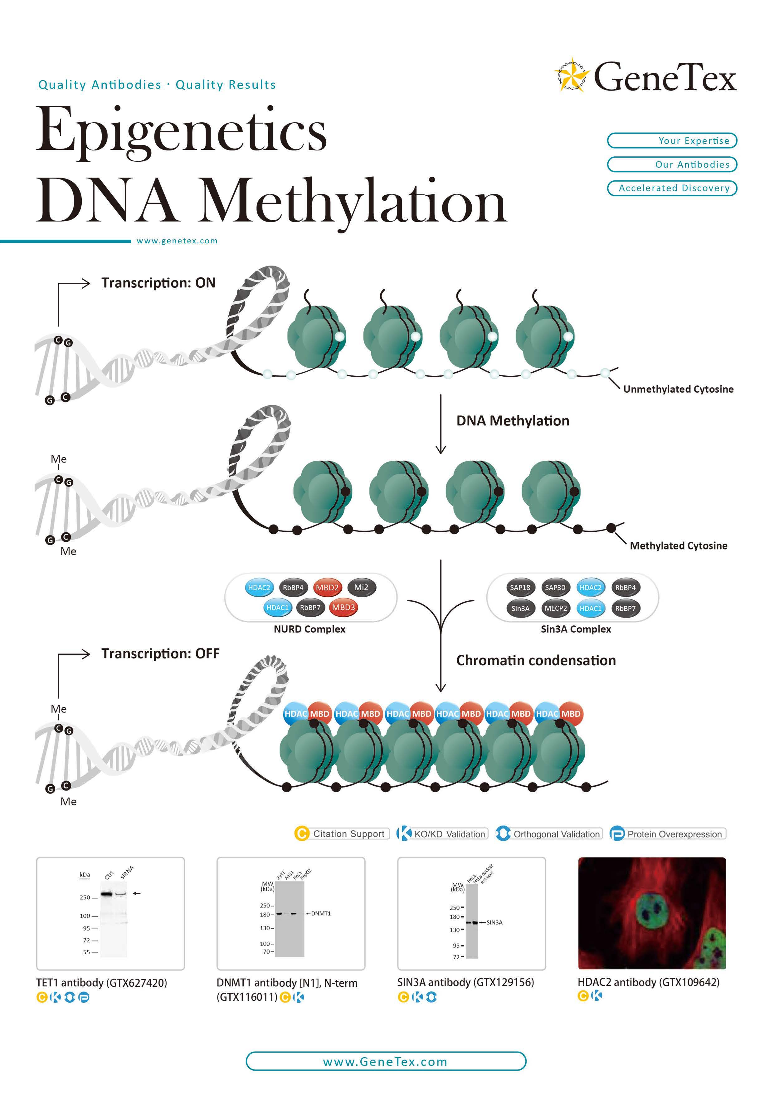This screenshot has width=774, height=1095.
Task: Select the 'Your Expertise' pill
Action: point(672,141)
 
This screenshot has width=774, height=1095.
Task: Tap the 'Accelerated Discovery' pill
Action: point(672,188)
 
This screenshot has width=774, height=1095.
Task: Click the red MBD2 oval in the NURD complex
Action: point(327,588)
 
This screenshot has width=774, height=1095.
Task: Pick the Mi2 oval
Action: point(362,588)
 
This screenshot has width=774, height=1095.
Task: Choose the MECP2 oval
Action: point(556,609)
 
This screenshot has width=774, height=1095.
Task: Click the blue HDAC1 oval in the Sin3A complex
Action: point(590,609)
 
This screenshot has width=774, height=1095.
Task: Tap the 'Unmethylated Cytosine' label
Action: point(678,389)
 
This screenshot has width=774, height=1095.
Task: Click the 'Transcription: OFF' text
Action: point(160,653)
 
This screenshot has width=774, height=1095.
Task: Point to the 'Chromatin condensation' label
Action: point(536,661)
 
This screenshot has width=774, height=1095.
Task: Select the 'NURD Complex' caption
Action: point(309,629)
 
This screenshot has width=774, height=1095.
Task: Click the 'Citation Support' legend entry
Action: point(342,833)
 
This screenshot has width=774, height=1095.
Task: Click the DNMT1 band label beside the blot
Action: point(320,914)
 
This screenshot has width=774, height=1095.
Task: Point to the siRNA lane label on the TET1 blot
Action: point(127,872)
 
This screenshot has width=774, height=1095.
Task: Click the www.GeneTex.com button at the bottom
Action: point(386,1062)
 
